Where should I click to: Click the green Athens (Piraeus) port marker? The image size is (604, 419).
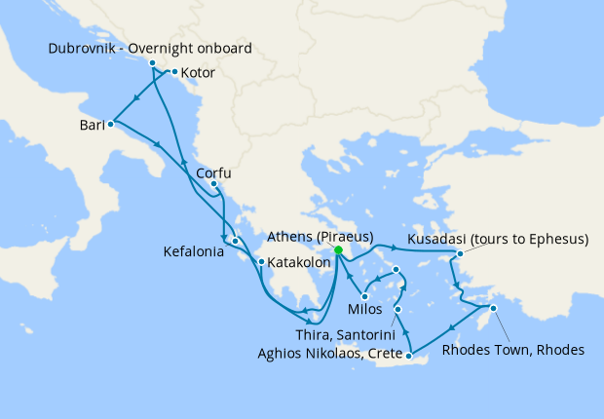338,250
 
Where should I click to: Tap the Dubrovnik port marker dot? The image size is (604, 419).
152,63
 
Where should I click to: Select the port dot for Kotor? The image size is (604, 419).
173,72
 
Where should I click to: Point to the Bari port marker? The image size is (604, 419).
111,124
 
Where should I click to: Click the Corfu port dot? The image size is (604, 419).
213,184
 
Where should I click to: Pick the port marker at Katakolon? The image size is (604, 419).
260,261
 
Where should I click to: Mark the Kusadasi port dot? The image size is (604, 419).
459,254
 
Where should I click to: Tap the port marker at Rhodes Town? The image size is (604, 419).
493,309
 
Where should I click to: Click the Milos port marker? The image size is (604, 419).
363,296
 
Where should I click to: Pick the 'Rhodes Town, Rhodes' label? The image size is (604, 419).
513,349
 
